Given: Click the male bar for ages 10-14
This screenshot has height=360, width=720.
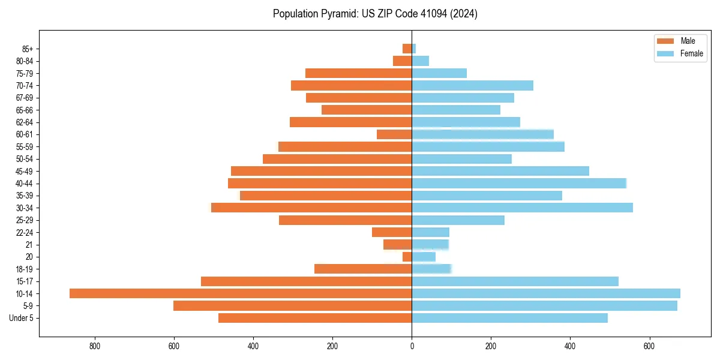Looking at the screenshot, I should pos(241,293).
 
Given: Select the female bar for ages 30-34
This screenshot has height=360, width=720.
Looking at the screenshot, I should pos(522,208).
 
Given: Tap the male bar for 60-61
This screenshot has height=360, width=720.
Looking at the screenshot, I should pos(394,134).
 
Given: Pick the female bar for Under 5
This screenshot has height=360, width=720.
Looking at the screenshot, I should pos(509,318).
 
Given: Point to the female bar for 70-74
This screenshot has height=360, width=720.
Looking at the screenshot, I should pos(472,85).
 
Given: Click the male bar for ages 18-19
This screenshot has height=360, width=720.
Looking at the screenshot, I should pos(363,269).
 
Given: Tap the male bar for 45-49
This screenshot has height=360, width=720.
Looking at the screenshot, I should pos(321,171).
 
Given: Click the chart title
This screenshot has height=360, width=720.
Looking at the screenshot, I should pos(375,14).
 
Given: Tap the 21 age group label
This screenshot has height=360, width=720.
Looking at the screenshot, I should pos(28,245).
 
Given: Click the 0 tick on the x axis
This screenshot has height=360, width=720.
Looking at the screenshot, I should pos(412,346).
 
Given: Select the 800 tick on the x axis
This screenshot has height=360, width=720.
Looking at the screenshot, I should pos(94,346).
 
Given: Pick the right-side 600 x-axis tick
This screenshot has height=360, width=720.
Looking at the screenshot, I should pos(649,346).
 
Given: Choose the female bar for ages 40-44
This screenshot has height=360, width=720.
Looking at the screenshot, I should pos(519,183).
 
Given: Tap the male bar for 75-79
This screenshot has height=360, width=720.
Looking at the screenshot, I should pos(358,73).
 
